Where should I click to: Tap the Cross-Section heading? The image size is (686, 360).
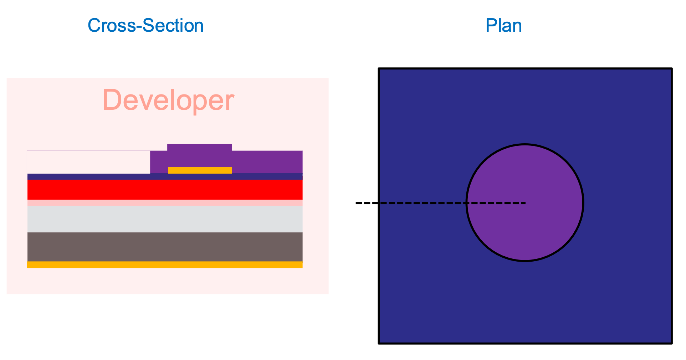[x=145, y=26]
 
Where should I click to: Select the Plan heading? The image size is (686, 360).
[x=503, y=26]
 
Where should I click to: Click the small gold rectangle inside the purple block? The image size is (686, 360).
[x=200, y=170]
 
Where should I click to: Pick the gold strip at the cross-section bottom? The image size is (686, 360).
[x=165, y=264]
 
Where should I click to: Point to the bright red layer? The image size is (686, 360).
[x=165, y=189]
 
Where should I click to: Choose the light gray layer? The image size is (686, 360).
[x=165, y=219]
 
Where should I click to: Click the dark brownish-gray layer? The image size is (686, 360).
[x=165, y=247]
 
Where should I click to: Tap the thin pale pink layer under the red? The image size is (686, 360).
[x=165, y=202]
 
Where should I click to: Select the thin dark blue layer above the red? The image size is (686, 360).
[x=165, y=176]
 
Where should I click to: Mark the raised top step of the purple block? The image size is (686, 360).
[x=200, y=147]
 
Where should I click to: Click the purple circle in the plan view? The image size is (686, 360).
[x=525, y=203]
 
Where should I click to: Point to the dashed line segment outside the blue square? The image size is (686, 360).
[x=367, y=203]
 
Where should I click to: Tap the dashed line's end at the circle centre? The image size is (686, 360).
[x=525, y=203]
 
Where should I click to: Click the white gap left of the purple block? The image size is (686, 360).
[x=89, y=162]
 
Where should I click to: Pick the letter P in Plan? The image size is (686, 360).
[x=492, y=26]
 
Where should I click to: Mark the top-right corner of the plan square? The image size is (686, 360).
[x=672, y=68]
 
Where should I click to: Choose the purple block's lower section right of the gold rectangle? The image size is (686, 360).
[x=267, y=162]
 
